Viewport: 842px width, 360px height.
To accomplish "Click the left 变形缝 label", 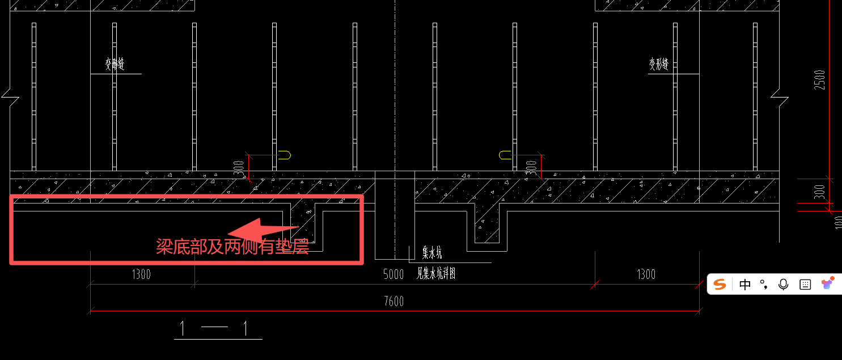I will tap(115, 65).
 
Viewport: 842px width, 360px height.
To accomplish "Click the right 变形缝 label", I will tap(659, 65).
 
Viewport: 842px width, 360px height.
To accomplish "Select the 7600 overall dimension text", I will tap(394, 301).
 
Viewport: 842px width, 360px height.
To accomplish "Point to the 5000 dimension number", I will tap(394, 275).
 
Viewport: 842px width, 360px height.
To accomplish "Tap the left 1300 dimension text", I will tap(141, 275).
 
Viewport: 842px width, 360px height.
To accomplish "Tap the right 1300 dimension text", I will tap(646, 275).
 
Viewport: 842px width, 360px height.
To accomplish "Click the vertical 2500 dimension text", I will tap(819, 80).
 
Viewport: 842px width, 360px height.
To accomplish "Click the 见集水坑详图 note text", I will tap(437, 274).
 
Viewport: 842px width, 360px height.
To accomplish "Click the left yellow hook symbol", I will tap(284, 154).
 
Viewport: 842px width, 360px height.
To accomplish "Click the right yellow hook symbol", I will tap(505, 155).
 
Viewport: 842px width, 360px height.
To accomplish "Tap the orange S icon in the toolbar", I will tap(720, 284).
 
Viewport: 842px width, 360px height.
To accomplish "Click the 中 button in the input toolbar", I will tap(744, 285).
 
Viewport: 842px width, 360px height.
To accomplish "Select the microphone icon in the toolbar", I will tap(783, 285).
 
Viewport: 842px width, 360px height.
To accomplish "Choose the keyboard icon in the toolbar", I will tap(805, 285).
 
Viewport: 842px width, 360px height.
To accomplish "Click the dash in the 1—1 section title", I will tap(214, 328).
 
